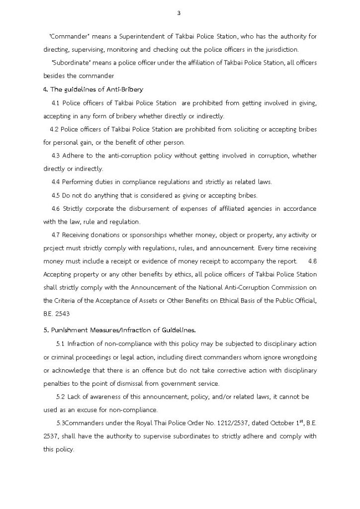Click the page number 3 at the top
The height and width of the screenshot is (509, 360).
pyautogui.click(x=179, y=13)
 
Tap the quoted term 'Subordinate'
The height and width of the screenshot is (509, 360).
pyautogui.click(x=68, y=63)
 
